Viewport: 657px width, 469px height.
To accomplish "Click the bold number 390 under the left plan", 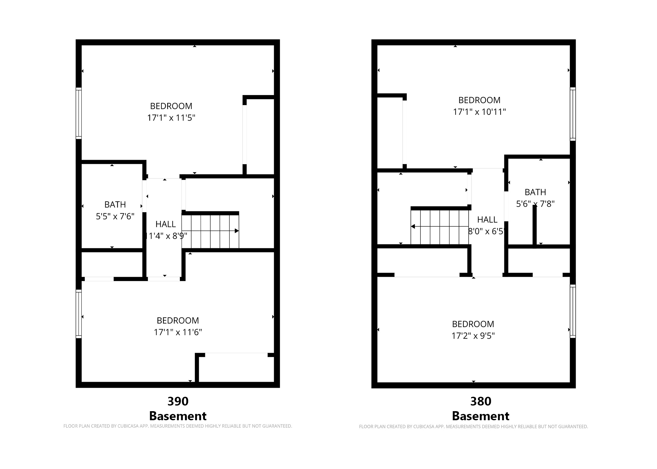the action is tap(178, 401).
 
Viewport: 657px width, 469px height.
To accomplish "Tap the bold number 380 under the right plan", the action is tap(481, 401).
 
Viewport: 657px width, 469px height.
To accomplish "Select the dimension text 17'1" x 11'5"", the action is tap(171, 118).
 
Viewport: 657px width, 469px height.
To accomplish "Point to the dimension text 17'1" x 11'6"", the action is tap(178, 332).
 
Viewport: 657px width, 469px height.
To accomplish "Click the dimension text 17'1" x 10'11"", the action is tap(479, 112).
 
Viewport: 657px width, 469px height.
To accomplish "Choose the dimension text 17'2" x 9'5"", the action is tap(473, 336).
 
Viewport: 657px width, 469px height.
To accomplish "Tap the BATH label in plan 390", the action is tap(115, 204).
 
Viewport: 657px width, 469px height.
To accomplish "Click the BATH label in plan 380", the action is tap(535, 192).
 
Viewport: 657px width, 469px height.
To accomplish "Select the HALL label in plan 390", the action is tap(166, 224).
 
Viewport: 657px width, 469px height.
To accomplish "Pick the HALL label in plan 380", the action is tap(487, 219).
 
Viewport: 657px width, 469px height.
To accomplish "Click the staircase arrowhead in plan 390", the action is tap(237, 231).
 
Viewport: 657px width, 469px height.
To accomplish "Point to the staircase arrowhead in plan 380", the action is tap(413, 226).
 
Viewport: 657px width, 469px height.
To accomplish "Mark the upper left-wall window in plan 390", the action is tap(79, 113).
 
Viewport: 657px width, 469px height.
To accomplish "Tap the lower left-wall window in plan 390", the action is tap(79, 314).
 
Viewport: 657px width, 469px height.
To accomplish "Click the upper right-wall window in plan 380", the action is tap(573, 114).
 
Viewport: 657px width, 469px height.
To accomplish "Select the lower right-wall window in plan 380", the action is tap(573, 311).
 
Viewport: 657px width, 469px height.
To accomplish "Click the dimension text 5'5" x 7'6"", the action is tap(115, 216).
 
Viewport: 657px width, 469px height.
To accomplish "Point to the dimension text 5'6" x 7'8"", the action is tap(535, 204).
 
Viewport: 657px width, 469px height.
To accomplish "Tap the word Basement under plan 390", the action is tap(178, 416).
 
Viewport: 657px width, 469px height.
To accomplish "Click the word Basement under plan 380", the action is tap(481, 416).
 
